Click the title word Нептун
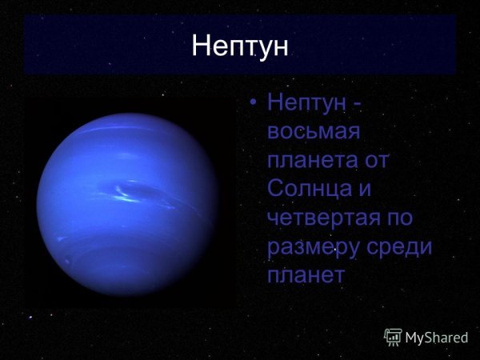[x=239, y=46]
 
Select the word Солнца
[x=308, y=189]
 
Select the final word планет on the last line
[x=307, y=274]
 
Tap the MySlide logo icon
[x=393, y=337]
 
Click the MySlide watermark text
[x=436, y=338]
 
